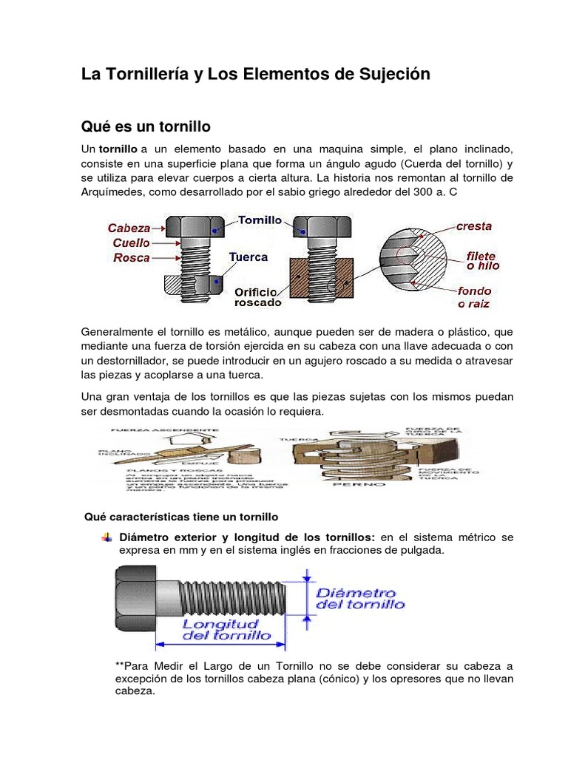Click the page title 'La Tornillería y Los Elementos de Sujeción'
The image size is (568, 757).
254,74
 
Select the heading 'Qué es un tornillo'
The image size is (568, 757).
146,127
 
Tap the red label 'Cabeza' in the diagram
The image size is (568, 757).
129,228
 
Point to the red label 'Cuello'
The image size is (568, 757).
132,242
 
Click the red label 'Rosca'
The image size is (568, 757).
132,258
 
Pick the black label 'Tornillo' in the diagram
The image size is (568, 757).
260,220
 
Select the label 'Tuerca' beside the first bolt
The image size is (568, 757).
248,257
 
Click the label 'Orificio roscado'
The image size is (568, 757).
257,296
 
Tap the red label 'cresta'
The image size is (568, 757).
474,226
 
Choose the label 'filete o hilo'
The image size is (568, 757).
481,260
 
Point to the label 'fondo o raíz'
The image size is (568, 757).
474,296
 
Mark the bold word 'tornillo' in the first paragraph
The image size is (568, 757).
118,149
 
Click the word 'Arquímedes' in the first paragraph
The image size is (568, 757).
114,192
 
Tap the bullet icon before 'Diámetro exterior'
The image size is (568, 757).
107,536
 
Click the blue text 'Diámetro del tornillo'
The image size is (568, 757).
359,598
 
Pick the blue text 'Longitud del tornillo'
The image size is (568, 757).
227,629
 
